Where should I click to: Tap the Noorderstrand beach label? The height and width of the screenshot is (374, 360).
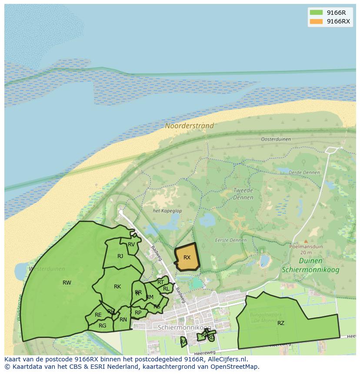point(189,126)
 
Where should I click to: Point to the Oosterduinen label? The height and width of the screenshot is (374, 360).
point(276,139)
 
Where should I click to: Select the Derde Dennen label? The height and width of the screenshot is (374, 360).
point(304,172)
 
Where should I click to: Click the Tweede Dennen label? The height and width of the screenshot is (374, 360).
point(243,194)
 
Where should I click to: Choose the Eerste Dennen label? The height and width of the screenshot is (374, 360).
point(230,240)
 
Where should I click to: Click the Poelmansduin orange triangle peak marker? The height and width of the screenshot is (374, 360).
point(306,241)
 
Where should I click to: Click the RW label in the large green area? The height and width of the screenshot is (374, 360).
point(67,283)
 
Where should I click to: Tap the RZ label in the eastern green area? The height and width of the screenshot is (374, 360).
point(280,323)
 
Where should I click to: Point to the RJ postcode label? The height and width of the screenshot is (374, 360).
point(120,256)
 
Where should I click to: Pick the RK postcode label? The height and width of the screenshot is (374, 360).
point(117,287)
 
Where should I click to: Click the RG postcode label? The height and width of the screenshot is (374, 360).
point(103,325)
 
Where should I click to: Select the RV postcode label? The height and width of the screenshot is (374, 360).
point(131,245)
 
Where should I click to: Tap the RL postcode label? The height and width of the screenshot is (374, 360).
point(166,289)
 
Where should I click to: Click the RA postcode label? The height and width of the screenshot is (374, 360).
point(183,342)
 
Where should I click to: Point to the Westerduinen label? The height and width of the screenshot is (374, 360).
point(47,269)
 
